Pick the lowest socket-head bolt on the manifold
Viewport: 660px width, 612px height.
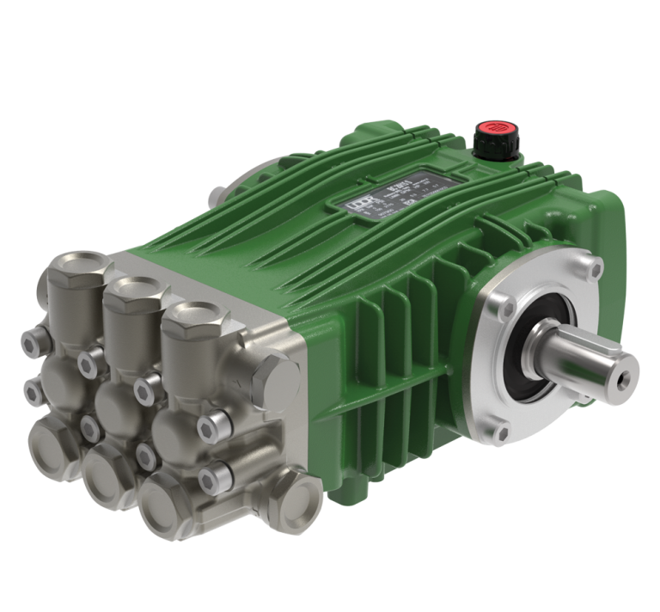pos(211,477)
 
